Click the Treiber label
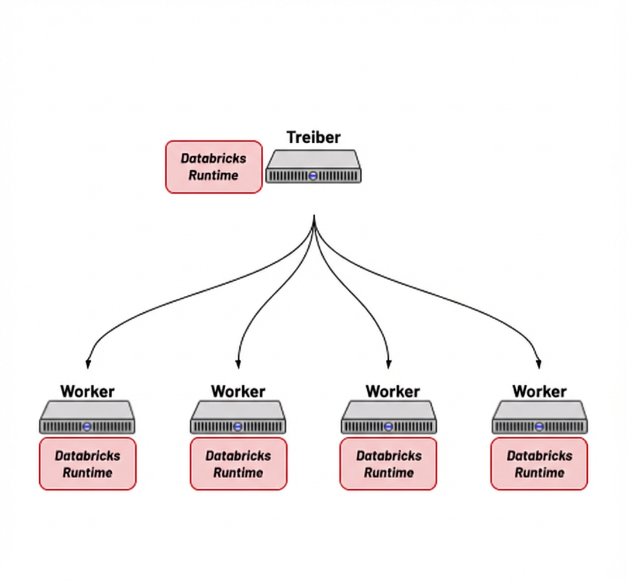(313, 137)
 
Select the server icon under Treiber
(313, 167)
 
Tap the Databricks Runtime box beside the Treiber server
(213, 167)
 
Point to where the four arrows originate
(315, 217)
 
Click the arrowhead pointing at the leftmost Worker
(88, 363)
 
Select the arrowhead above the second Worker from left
(238, 363)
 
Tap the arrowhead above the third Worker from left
(389, 363)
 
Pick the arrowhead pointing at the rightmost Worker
(539, 363)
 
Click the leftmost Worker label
(88, 391)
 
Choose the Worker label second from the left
(238, 391)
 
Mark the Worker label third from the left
(392, 391)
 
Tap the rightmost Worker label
(539, 391)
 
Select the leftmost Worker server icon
(88, 417)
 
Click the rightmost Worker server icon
(539, 417)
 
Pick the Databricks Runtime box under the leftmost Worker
(88, 464)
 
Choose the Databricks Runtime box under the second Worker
(238, 464)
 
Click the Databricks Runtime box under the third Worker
(388, 464)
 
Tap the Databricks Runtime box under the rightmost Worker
(539, 464)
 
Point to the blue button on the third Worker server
(389, 427)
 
